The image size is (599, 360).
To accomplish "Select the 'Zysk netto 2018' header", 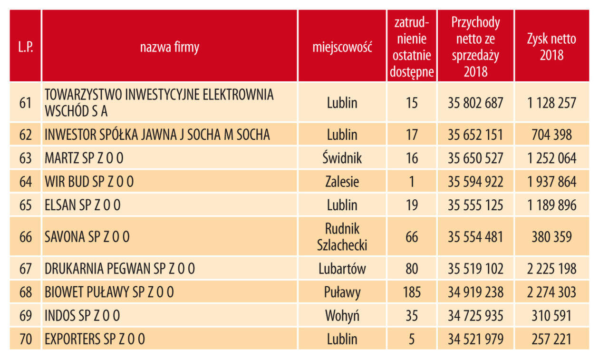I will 551,47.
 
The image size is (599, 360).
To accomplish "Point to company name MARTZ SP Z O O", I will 84,158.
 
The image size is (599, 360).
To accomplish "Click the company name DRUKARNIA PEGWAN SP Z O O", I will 120,269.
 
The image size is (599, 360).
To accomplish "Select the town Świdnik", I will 342,158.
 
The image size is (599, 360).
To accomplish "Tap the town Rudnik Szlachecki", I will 342,236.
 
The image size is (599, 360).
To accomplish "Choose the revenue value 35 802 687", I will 475,103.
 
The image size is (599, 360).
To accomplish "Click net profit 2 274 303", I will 551,292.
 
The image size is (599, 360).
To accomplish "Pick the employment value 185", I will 412,292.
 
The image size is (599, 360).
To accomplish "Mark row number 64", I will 26,182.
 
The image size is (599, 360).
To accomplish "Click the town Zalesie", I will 342,182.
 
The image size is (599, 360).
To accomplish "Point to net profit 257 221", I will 551,339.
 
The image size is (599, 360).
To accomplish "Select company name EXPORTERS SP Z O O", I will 95,339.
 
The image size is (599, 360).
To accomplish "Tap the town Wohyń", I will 342,315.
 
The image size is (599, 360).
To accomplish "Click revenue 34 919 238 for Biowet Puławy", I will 475,292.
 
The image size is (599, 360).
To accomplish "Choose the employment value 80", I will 412,269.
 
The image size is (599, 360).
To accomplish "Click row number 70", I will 26,339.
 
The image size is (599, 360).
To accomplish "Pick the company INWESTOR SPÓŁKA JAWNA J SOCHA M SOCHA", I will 157,135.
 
